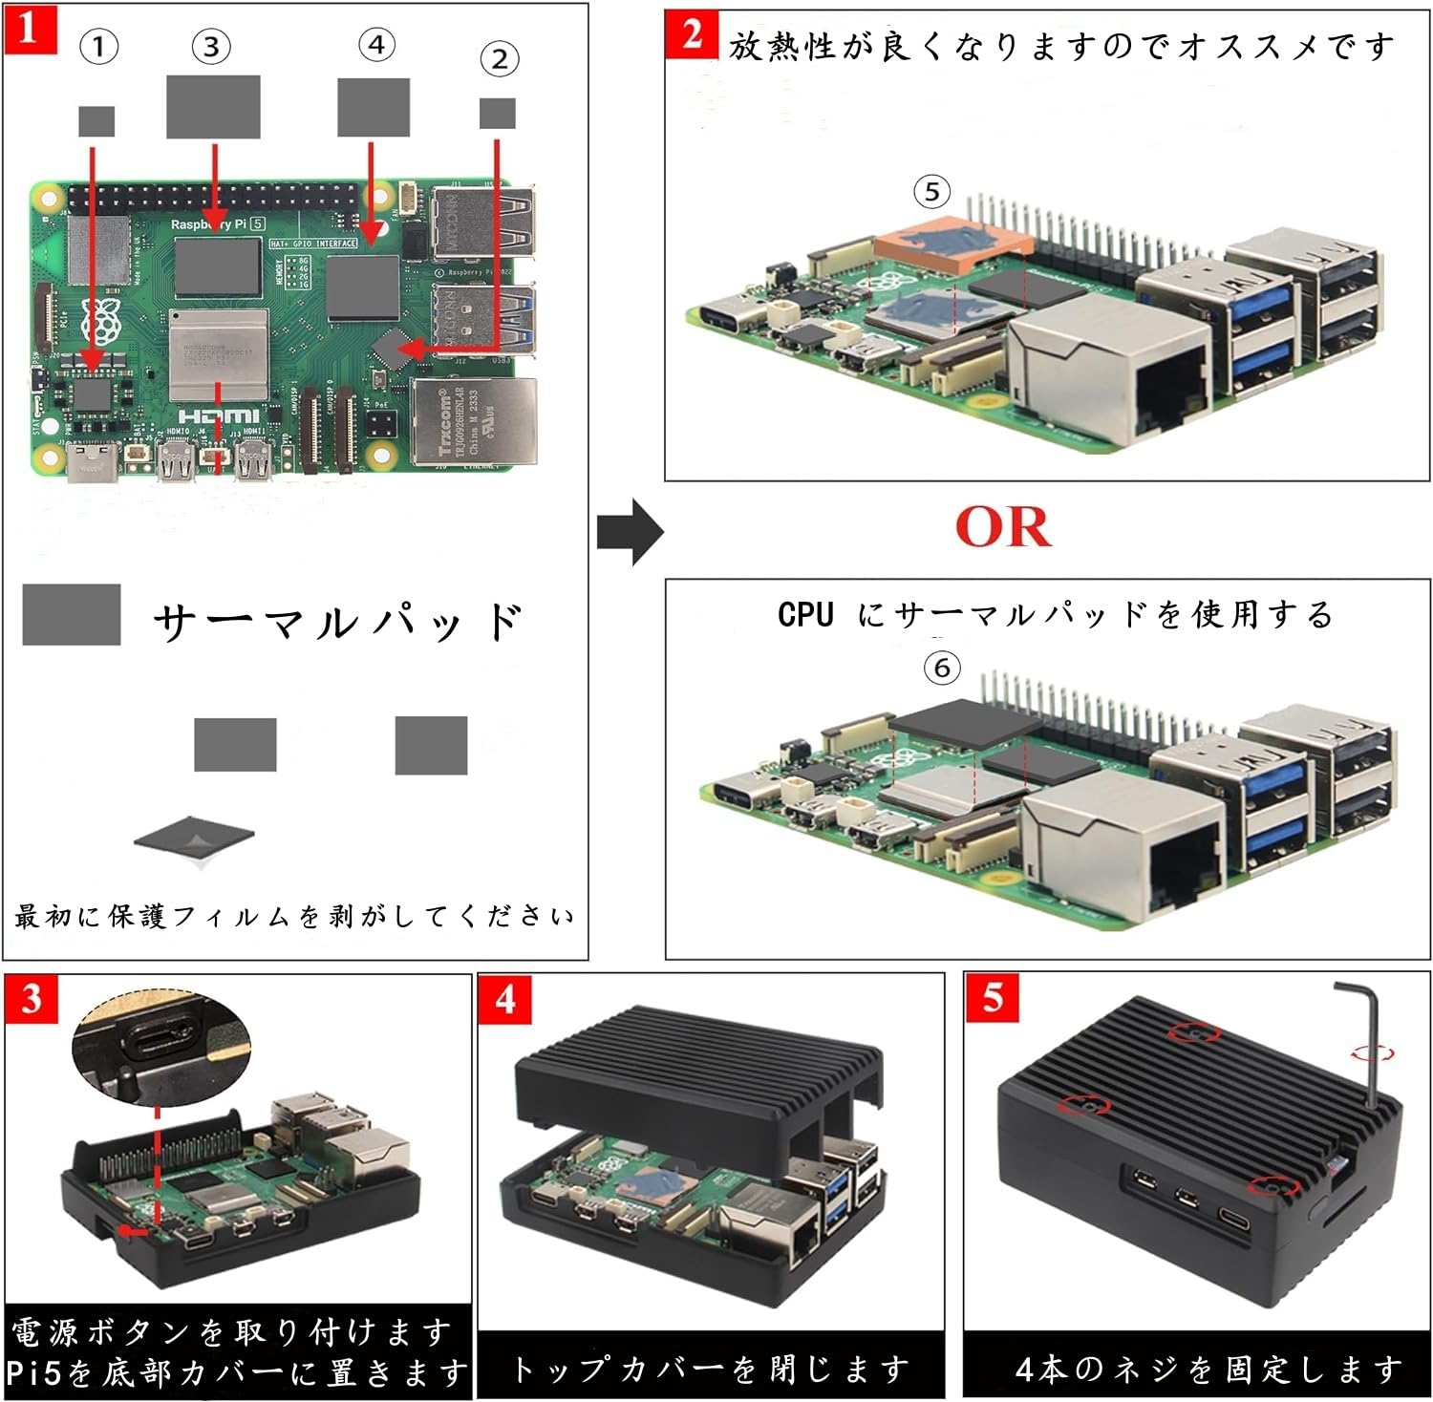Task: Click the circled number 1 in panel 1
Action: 99,46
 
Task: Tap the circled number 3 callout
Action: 211,46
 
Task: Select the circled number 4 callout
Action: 376,44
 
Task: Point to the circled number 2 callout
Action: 499,59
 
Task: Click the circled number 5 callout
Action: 932,192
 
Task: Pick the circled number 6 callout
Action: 942,667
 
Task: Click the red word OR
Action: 1003,526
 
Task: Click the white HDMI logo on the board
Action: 219,416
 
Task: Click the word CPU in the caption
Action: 805,614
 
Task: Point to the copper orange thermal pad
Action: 952,244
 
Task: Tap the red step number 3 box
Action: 32,999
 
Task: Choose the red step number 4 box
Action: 504,999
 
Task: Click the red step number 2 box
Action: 692,34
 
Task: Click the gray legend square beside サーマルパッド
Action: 72,614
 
